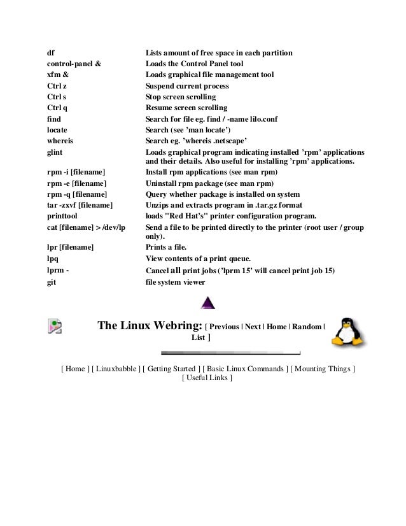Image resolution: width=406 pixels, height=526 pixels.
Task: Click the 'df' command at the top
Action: click(x=50, y=53)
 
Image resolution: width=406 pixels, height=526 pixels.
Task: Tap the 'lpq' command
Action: click(x=53, y=258)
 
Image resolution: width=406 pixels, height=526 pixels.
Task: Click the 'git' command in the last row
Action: click(x=52, y=281)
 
